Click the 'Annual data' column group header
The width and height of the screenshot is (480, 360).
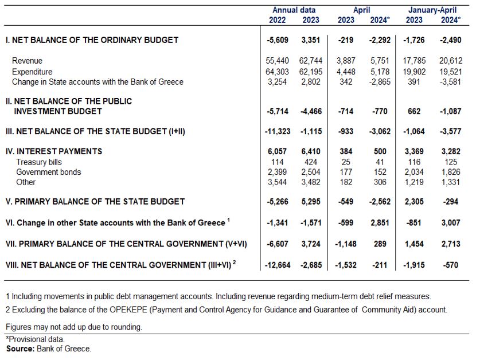294,10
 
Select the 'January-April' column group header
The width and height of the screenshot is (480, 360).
432,10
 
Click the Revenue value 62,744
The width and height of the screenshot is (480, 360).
311,61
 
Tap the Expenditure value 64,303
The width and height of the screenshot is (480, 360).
277,72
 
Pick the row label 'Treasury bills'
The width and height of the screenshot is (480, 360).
39,162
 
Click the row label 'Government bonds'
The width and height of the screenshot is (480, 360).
49,172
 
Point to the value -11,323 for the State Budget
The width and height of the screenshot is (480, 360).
278,131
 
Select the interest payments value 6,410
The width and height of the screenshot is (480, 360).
311,151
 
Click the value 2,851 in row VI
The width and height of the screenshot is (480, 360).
380,222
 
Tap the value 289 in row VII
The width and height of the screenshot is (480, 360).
380,244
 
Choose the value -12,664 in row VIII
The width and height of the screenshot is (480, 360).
278,265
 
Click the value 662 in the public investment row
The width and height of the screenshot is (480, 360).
414,111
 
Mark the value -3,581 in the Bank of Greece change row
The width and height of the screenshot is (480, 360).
450,82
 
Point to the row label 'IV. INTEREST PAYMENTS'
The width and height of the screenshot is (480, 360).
54,151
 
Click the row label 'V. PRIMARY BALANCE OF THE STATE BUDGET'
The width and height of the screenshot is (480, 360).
95,201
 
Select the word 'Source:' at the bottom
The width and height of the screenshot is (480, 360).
20,349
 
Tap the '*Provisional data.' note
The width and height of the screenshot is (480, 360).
35,339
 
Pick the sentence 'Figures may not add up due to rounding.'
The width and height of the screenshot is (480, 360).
74,327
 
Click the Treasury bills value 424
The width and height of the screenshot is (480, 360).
311,162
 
